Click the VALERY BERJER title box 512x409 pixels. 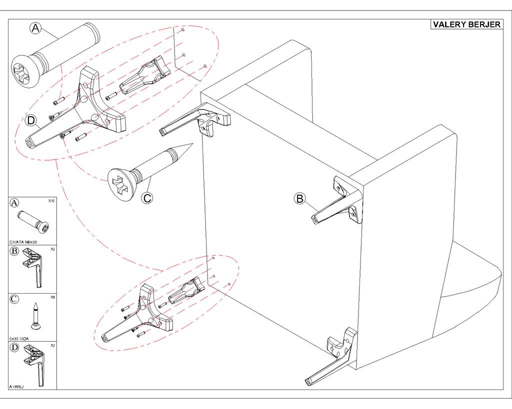tap(466, 24)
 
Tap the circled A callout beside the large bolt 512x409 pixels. tap(35, 28)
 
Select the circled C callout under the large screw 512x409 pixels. tap(147, 198)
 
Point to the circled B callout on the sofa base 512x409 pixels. tap(300, 198)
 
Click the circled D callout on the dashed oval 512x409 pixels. tap(30, 121)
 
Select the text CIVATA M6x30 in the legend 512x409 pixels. tap(23, 242)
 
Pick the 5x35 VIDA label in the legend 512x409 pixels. tap(19, 339)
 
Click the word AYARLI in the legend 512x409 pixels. tap(16, 387)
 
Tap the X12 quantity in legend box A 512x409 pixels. tap(51, 201)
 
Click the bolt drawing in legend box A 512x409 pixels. tap(33, 222)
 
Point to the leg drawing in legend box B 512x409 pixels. tap(33, 268)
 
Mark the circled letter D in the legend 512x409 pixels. tap(14, 348)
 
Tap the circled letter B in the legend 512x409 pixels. tap(14, 251)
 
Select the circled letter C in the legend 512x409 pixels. tap(14, 299)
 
